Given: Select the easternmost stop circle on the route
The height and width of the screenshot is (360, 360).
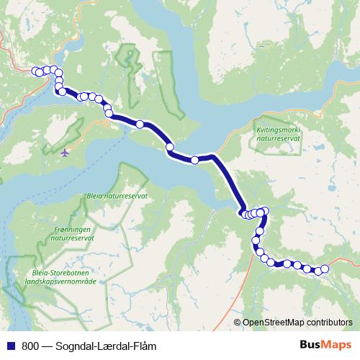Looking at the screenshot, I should click(324, 269).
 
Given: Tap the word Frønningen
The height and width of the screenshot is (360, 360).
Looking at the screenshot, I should click(75, 227).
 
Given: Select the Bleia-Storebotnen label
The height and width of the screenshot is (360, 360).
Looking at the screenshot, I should click(60, 273).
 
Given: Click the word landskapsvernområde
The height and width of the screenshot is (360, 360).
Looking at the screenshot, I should click(60, 282).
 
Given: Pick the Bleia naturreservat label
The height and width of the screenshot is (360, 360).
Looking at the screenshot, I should click(116, 195).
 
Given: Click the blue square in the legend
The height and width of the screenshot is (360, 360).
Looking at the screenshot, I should click(9, 346).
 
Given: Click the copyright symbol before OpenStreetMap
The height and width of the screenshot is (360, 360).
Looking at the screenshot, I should click(238, 323).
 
